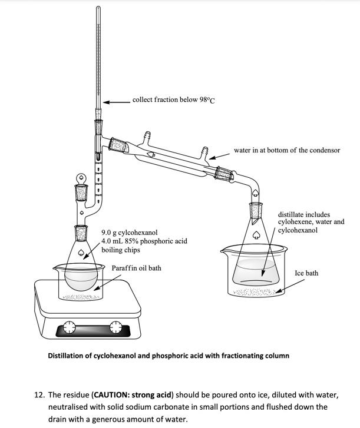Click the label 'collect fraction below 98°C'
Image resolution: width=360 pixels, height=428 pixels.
(x=173, y=100)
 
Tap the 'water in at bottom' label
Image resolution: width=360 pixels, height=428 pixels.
(x=286, y=150)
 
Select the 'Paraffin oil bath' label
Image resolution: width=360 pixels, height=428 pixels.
(x=136, y=268)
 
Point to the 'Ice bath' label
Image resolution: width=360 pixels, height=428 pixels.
(x=306, y=273)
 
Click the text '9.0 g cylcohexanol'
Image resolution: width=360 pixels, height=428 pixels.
(x=130, y=233)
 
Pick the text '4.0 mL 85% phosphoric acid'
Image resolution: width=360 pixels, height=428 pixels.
(x=144, y=241)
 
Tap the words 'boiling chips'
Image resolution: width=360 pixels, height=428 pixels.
(x=121, y=250)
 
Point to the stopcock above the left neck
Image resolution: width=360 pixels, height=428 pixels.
(x=80, y=177)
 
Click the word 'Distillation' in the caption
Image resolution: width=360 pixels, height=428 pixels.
(x=70, y=356)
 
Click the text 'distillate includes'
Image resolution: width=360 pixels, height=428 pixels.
(x=304, y=215)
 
